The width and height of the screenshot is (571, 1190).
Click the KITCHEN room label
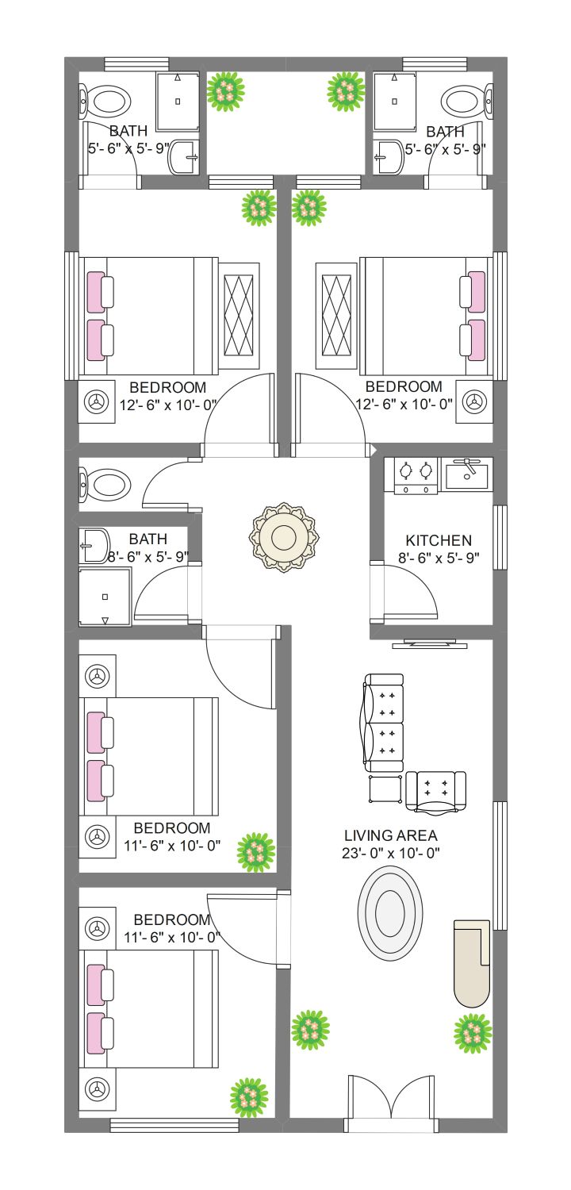tap(439, 540)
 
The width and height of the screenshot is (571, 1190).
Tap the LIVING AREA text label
tap(390, 835)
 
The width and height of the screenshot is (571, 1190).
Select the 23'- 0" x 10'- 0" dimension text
tap(390, 853)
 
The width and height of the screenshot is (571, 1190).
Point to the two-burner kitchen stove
tap(416, 475)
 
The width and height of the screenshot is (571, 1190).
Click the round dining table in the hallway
tap(284, 536)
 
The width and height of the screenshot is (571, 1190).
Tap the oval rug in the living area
tap(390, 913)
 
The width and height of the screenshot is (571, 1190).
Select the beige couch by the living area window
tap(471, 963)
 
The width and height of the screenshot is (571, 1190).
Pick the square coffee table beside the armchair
tap(385, 789)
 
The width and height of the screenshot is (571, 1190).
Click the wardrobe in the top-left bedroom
tap(239, 316)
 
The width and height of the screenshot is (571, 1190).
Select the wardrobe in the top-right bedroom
tap(336, 316)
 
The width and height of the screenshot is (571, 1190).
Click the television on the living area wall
tap(430, 644)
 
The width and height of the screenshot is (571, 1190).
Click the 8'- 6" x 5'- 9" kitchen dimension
tap(439, 557)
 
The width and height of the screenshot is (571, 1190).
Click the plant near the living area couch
tap(473, 1034)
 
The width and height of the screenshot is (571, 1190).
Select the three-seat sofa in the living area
tap(384, 723)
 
